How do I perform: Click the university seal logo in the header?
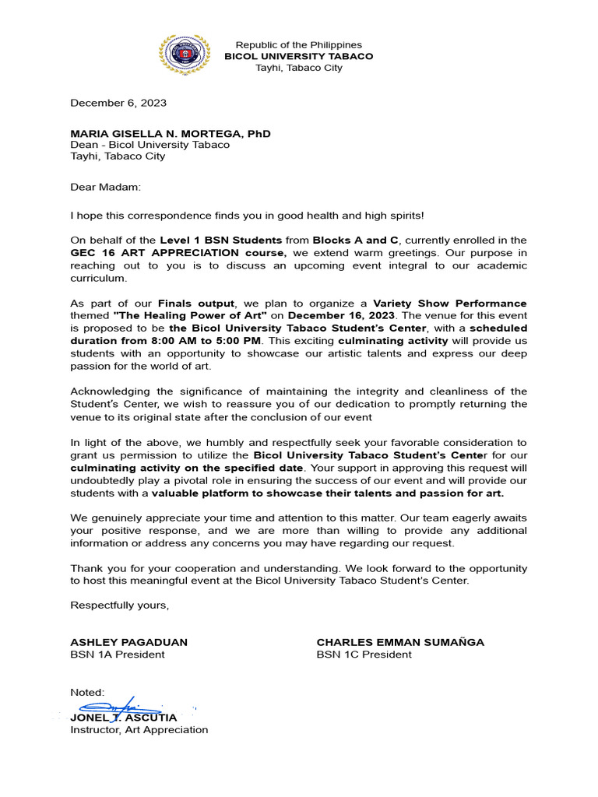click(184, 56)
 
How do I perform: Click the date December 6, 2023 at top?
click(118, 103)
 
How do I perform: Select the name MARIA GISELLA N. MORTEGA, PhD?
click(171, 134)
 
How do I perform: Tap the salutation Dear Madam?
click(106, 187)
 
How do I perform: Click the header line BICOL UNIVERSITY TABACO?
click(298, 56)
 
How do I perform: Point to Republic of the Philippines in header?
click(298, 45)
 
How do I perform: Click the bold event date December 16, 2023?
click(342, 315)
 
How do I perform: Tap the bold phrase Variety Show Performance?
click(449, 303)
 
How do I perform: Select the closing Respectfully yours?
click(119, 605)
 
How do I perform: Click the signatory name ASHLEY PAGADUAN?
click(128, 642)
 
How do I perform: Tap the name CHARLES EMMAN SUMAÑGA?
click(400, 642)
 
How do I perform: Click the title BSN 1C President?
click(364, 655)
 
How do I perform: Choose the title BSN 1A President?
click(118, 655)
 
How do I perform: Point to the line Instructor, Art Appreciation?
click(139, 730)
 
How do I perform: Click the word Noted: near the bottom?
click(87, 692)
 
